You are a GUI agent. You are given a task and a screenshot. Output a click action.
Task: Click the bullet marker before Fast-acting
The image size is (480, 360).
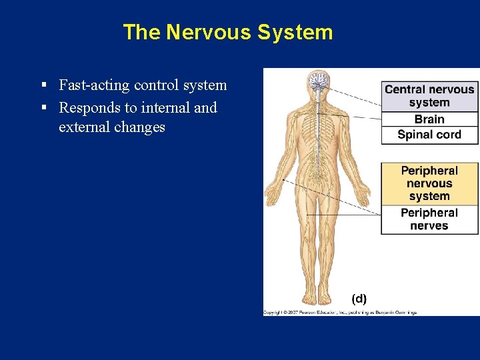click(x=43, y=85)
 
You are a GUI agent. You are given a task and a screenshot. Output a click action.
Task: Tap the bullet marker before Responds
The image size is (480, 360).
click(x=43, y=107)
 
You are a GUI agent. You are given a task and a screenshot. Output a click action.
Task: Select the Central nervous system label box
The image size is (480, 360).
click(x=429, y=96)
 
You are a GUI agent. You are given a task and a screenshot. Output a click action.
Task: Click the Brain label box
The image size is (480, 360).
click(x=429, y=119)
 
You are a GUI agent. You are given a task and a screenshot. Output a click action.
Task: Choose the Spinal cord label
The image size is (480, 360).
click(x=429, y=135)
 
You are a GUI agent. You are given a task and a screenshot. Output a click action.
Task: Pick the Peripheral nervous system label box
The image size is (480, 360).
click(x=429, y=183)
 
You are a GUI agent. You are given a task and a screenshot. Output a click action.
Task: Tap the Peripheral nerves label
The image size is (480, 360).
click(x=429, y=219)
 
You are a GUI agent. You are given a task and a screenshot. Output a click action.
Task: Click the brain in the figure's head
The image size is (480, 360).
click(x=317, y=81)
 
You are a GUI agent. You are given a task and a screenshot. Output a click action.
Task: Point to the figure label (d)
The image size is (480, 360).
click(x=359, y=298)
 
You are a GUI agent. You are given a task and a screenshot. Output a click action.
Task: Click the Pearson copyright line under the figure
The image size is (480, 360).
click(x=339, y=312)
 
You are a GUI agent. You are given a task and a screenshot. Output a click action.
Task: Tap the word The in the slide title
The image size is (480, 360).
click(x=141, y=32)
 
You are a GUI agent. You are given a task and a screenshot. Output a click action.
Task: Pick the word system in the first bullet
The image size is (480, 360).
click(x=206, y=85)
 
